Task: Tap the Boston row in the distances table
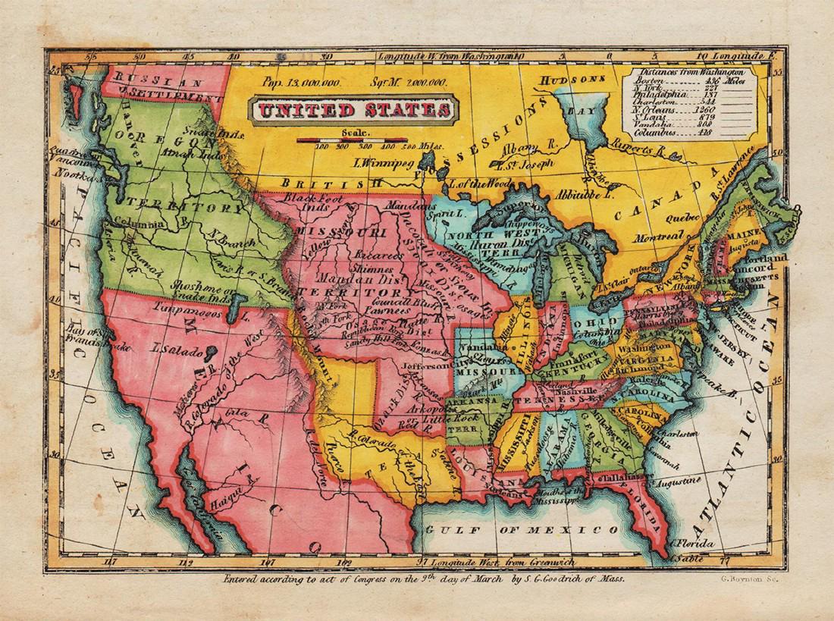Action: pos(682,80)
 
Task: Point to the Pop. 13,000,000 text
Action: pos(301,81)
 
